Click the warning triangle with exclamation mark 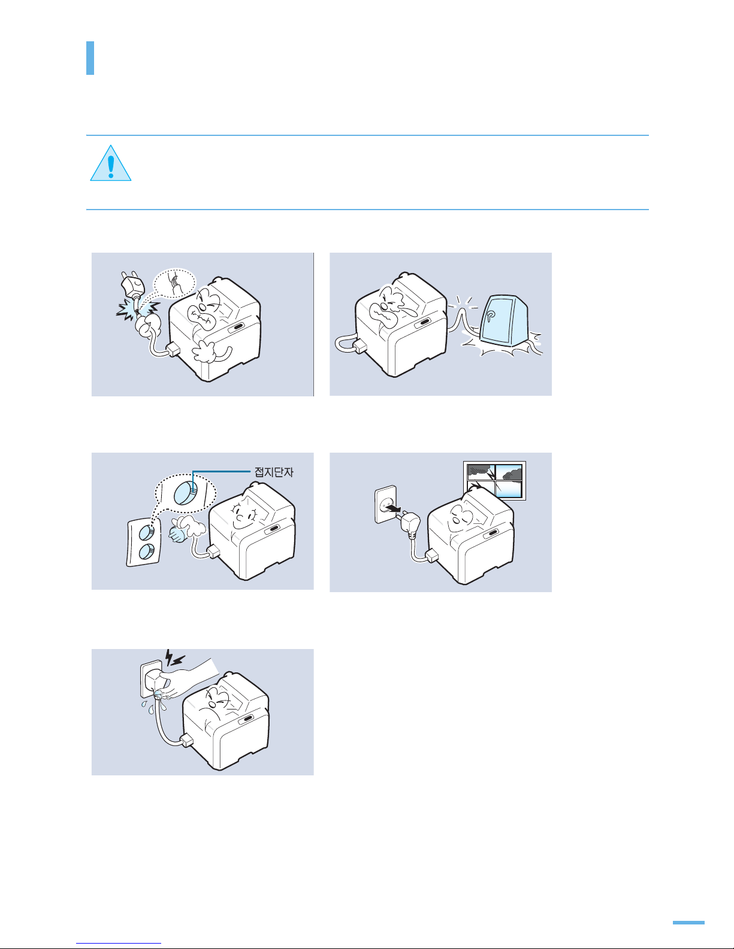click(110, 163)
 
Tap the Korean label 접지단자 click(274, 472)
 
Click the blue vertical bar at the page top click(90, 58)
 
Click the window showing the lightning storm click(494, 480)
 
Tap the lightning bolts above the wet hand click(175, 657)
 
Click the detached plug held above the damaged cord click(131, 285)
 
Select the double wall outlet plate click(143, 543)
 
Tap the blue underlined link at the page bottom click(119, 944)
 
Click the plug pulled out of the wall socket click(410, 523)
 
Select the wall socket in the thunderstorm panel click(386, 504)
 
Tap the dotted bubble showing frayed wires click(175, 283)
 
